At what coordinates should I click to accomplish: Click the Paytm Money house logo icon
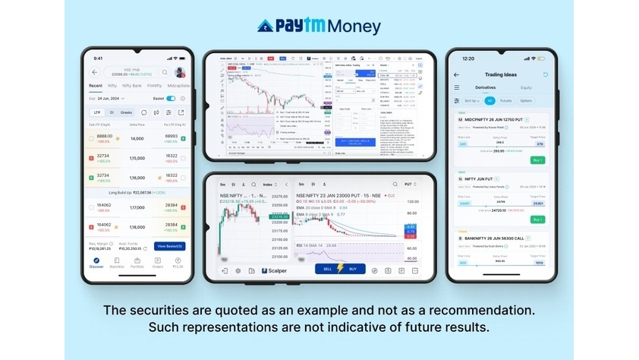(266, 27)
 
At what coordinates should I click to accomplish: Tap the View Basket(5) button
(169, 246)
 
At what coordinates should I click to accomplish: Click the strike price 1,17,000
(137, 207)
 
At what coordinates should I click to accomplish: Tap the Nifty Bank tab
(132, 86)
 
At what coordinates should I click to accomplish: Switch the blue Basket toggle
(172, 99)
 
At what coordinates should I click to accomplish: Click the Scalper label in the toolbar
(274, 270)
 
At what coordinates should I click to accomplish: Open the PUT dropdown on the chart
(412, 185)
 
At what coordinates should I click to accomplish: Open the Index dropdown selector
(269, 185)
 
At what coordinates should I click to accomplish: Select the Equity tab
(526, 87)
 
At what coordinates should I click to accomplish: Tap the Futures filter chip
(506, 100)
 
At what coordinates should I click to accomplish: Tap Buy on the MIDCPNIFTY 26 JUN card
(537, 161)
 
